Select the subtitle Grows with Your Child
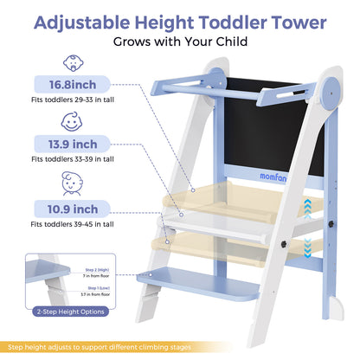[180, 41]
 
